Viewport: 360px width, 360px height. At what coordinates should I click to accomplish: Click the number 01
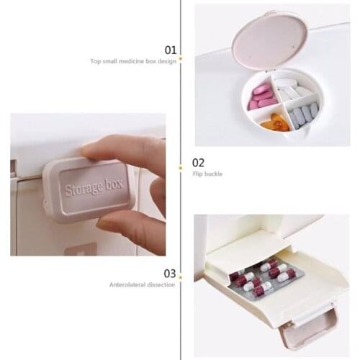tap(171, 50)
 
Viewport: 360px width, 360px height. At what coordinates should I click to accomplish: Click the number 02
tap(198, 163)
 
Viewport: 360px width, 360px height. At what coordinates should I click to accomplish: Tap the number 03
tap(170, 273)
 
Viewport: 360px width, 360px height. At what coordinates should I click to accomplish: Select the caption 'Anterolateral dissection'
tap(142, 285)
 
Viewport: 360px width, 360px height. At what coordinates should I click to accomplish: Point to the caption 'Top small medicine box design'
tap(133, 62)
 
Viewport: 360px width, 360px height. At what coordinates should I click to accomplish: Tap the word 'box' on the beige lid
tap(112, 184)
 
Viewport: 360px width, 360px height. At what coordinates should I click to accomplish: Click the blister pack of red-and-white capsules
tap(263, 280)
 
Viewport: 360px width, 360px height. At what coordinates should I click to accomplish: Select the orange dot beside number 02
tap(180, 163)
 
